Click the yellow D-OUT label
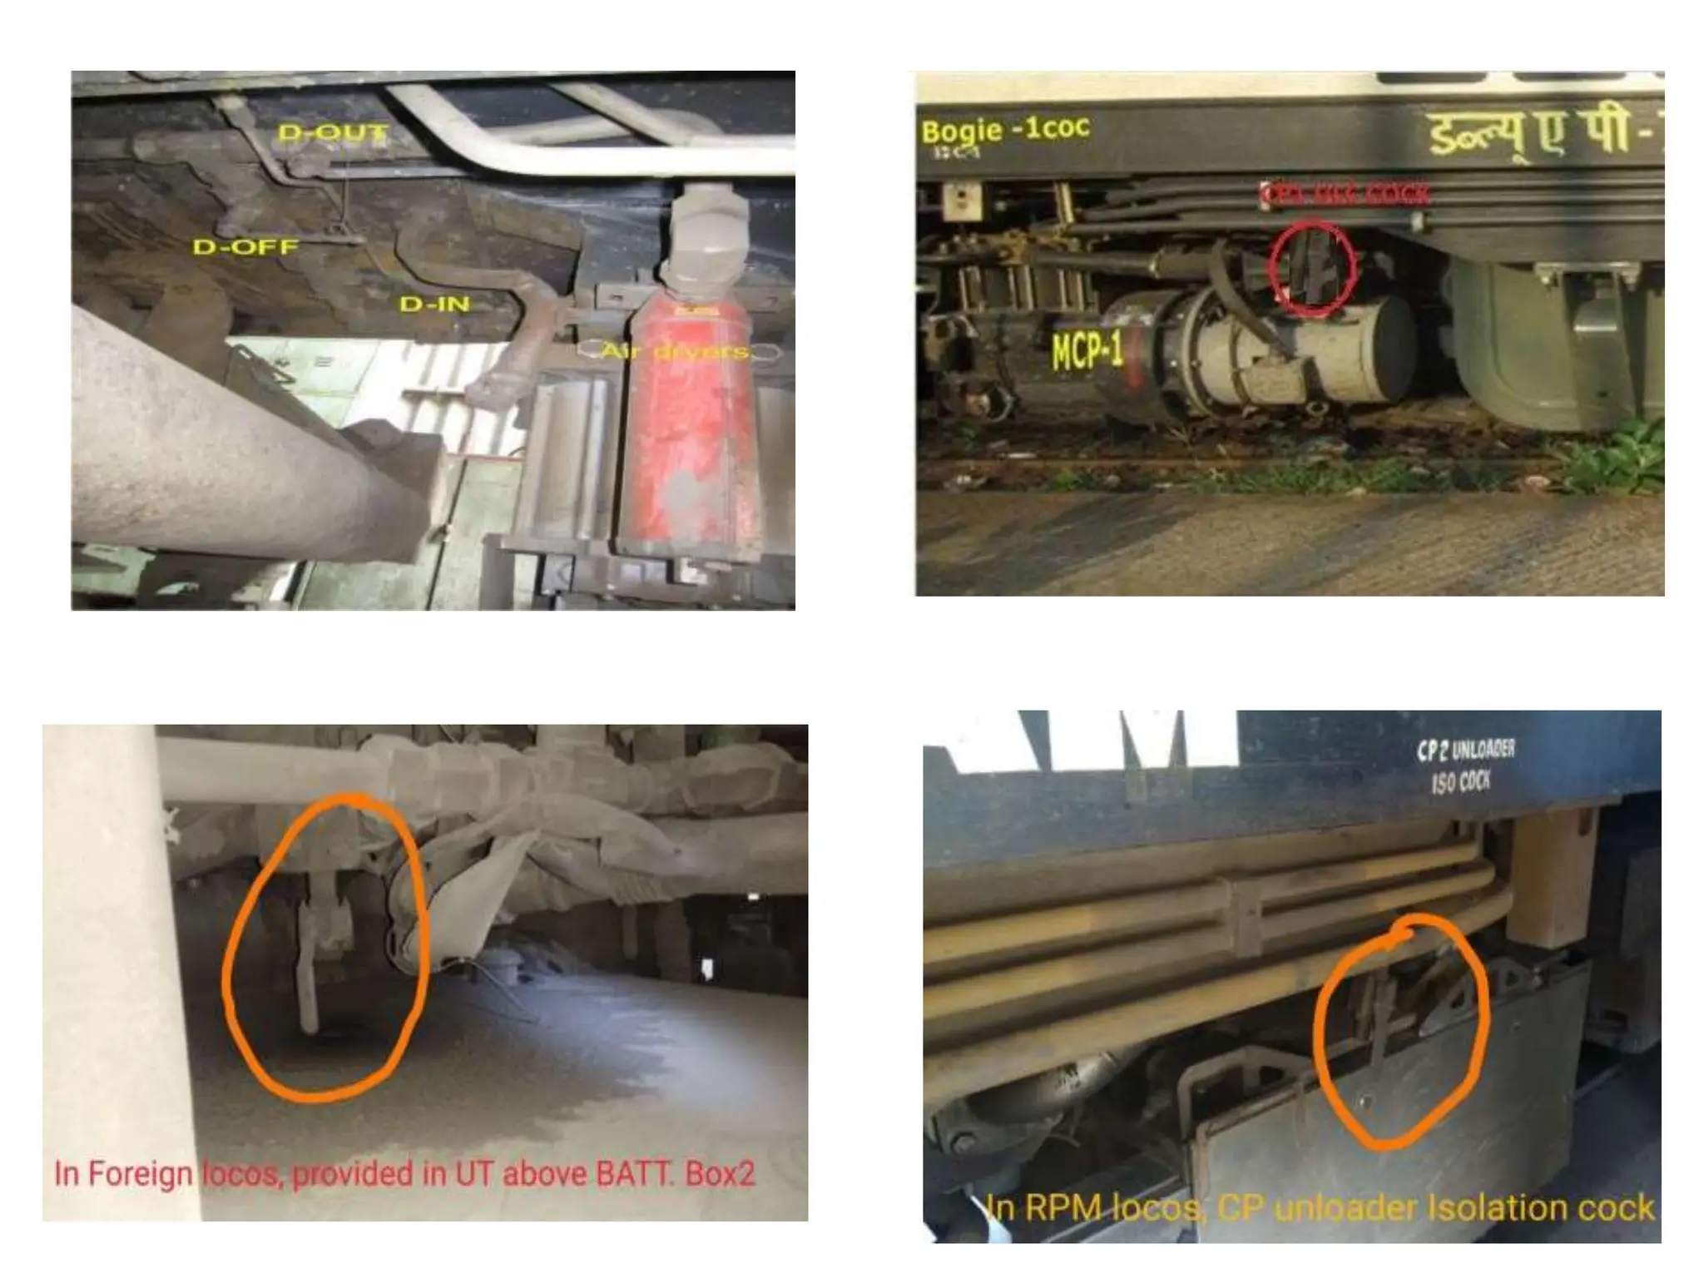tap(333, 132)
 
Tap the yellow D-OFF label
tap(245, 247)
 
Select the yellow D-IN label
tap(434, 305)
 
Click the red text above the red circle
tap(1345, 195)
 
